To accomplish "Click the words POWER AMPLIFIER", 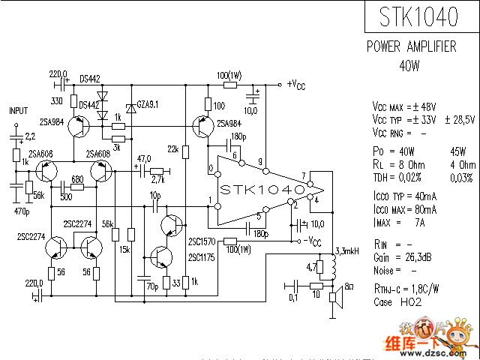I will tap(411, 46).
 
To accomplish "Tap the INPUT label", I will tap(18, 110).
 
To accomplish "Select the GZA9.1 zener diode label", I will tap(145, 103).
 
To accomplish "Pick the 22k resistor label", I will tap(172, 149).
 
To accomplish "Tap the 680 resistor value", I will tap(76, 179).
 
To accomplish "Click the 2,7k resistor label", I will tap(157, 180).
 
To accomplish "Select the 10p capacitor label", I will tap(155, 195).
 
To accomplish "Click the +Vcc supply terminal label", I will tap(295, 85).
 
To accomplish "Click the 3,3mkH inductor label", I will tap(346, 250).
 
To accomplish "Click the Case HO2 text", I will tap(397, 302).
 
